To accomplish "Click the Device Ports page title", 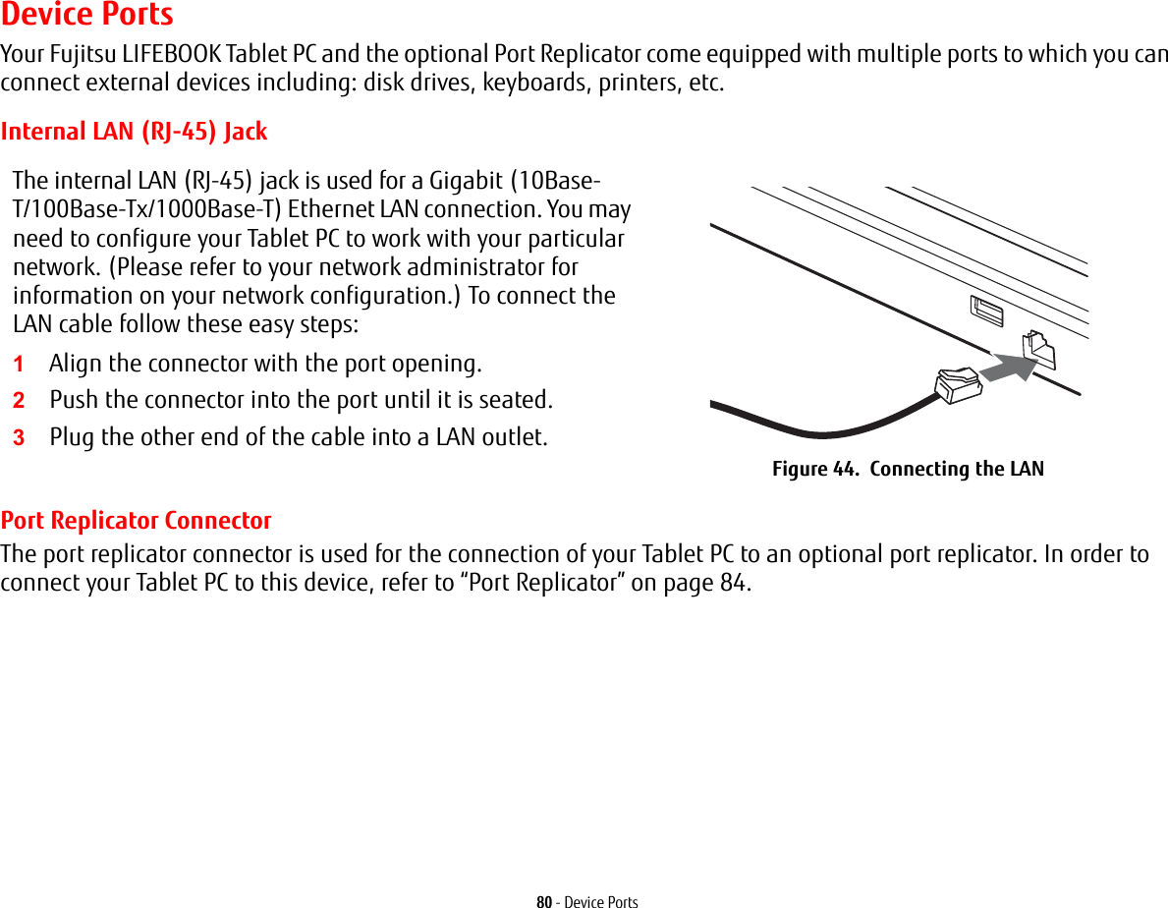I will (87, 15).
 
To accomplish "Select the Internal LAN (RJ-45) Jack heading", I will (134, 131).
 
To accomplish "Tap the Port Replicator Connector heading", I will (137, 520).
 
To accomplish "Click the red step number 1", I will (19, 364).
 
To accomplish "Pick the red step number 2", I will (19, 401).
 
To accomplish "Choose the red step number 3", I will (19, 437).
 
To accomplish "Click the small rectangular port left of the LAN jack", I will (985, 312).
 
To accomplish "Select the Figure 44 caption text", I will (908, 469).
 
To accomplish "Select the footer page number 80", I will (543, 901).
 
